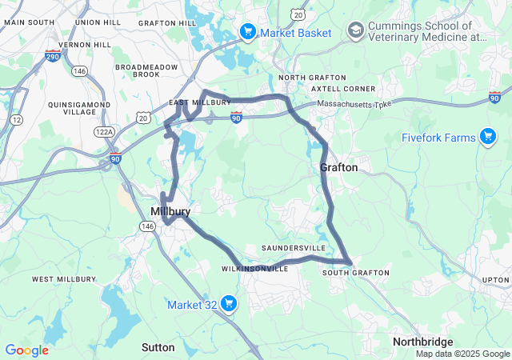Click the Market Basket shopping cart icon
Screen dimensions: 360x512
(x=248, y=31)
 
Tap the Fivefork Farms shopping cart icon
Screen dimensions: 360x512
(x=487, y=137)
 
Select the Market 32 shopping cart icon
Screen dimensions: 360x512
(x=229, y=303)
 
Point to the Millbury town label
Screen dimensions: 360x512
(x=170, y=211)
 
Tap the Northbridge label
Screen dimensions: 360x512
(x=423, y=342)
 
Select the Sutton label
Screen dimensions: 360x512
(x=158, y=347)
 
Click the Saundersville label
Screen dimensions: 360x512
(x=294, y=249)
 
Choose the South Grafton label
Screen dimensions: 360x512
(x=356, y=273)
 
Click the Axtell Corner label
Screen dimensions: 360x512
(x=332, y=88)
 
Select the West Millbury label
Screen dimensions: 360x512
(x=65, y=279)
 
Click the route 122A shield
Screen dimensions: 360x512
(x=103, y=130)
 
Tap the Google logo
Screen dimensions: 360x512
(x=26, y=350)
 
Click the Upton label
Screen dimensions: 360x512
(x=496, y=280)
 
